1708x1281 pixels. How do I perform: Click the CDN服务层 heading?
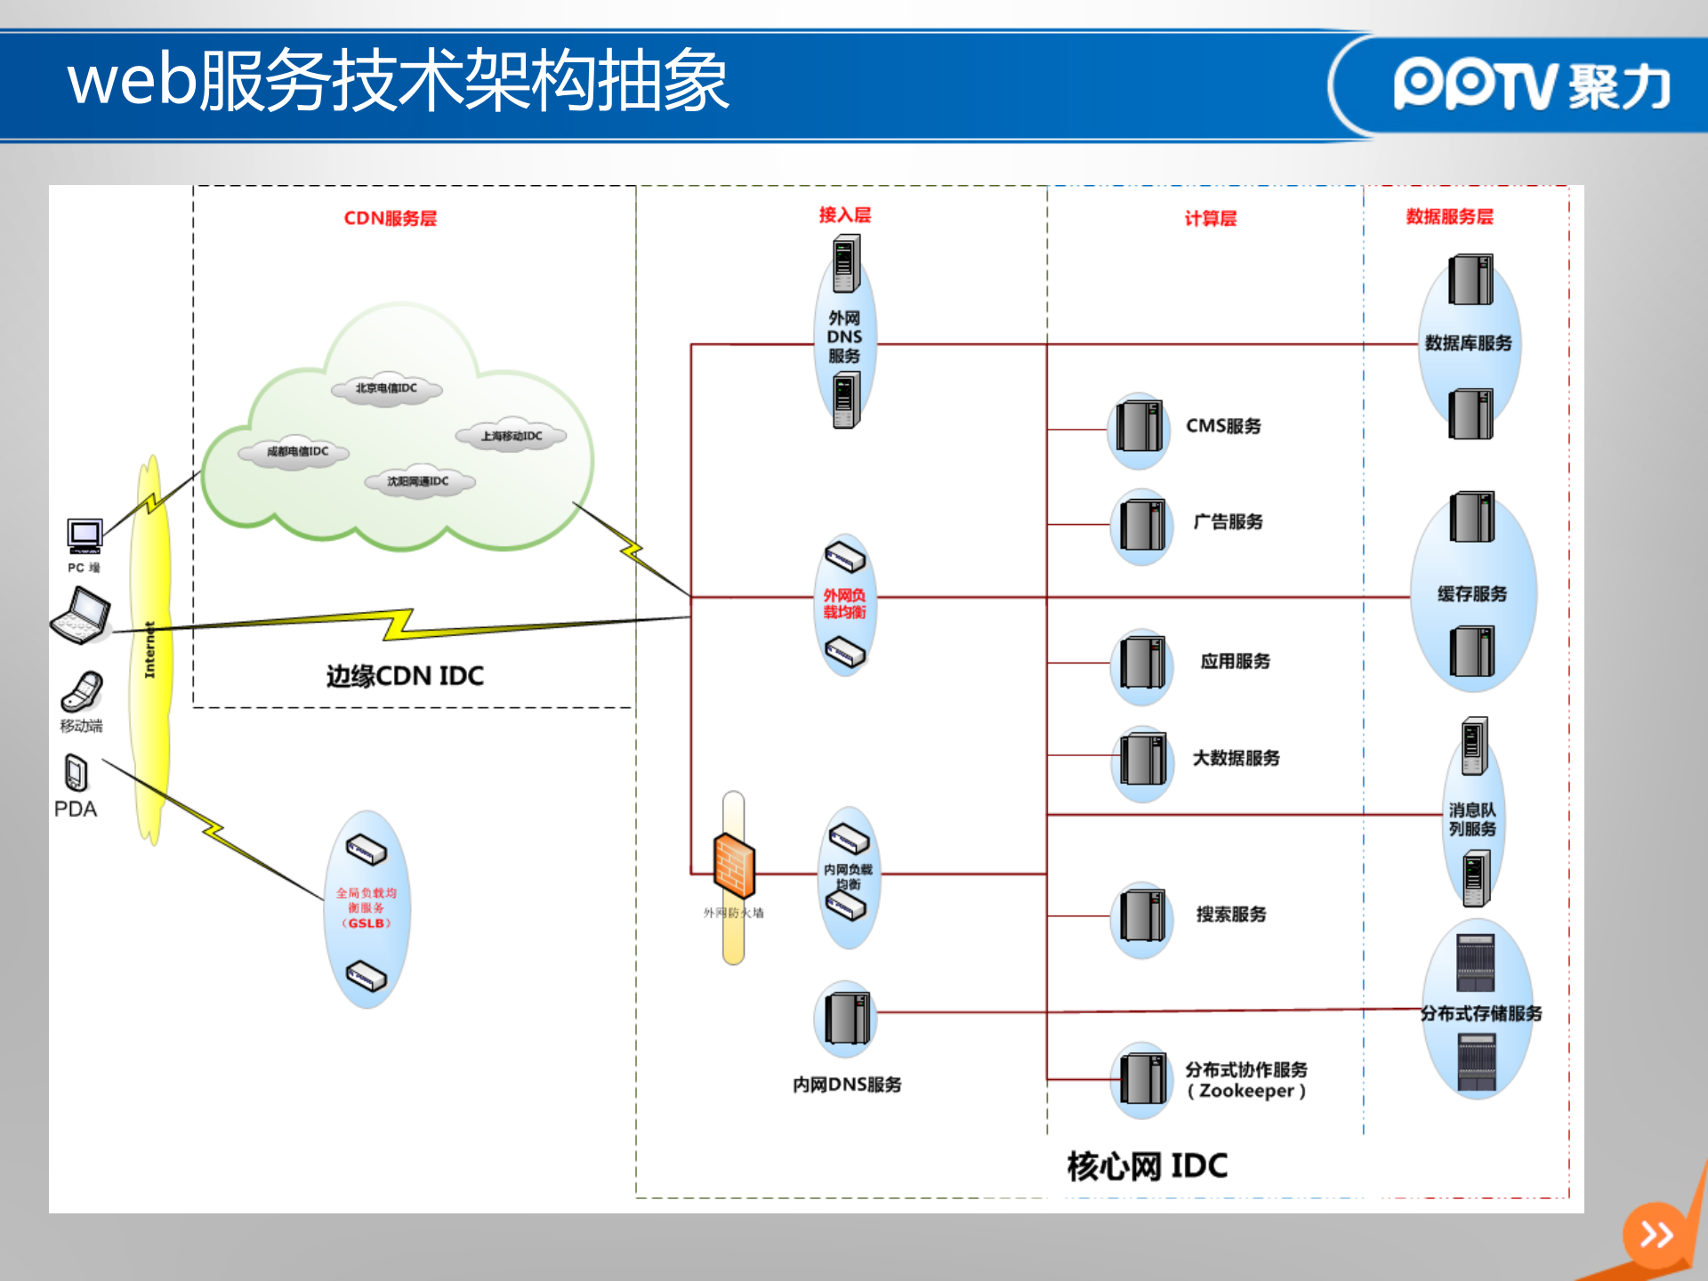tap(390, 218)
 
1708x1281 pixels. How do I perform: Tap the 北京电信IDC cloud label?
tap(386, 388)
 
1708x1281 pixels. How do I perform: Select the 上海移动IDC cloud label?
tap(511, 436)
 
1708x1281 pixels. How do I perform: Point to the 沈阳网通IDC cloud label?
tap(418, 481)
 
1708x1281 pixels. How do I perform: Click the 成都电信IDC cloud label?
tap(297, 451)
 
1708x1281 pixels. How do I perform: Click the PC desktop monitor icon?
tap(85, 535)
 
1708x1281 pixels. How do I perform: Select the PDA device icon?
tap(77, 772)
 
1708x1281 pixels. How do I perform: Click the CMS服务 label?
tap(1223, 426)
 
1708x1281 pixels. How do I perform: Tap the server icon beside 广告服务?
tap(1141, 525)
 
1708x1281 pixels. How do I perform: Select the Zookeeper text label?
tap(1246, 1091)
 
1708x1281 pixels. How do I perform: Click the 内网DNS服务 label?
tap(847, 1084)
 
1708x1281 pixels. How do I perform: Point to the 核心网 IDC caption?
tap(1147, 1165)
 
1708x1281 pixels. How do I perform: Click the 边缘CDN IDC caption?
tap(405, 676)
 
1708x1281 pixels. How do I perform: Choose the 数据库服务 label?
tap(1468, 343)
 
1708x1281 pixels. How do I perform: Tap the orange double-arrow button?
tap(1656, 1234)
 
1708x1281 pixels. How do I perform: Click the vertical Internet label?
tap(149, 649)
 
